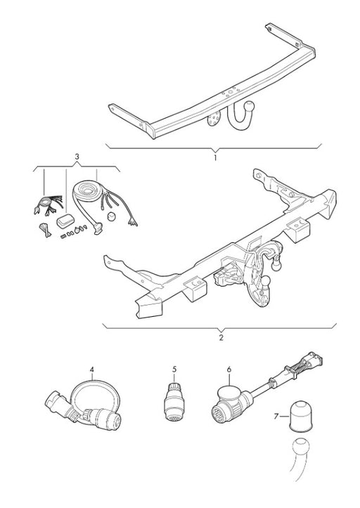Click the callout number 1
pyautogui.click(x=215, y=158)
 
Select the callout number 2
pyautogui.click(x=221, y=337)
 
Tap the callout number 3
pyautogui.click(x=77, y=157)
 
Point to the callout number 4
pyautogui.click(x=92, y=370)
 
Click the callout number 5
pyautogui.click(x=174, y=369)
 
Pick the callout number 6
pyautogui.click(x=229, y=370)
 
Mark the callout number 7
pyautogui.click(x=276, y=416)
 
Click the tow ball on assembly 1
pyautogui.click(x=250, y=107)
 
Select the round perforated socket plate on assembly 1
pyautogui.click(x=214, y=118)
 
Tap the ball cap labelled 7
pyautogui.click(x=300, y=417)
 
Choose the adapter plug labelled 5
pyautogui.click(x=174, y=402)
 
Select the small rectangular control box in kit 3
pyautogui.click(x=65, y=221)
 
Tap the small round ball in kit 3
pyautogui.click(x=111, y=216)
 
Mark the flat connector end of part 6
pyautogui.click(x=312, y=360)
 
